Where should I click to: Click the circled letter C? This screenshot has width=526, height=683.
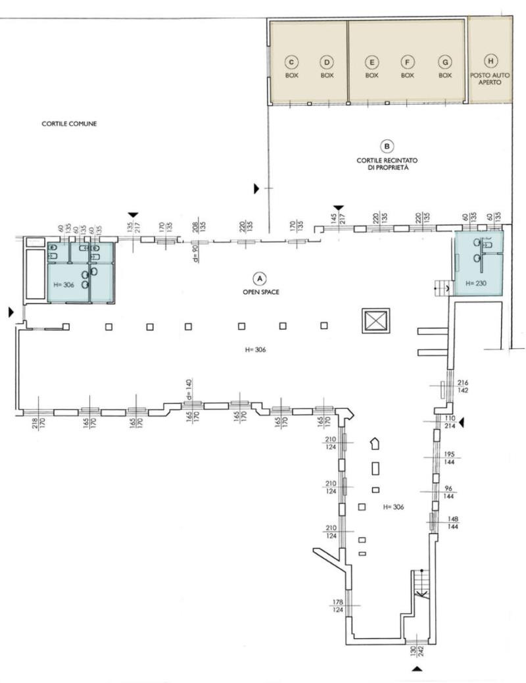tap(291, 62)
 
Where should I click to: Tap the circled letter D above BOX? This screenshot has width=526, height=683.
tap(327, 62)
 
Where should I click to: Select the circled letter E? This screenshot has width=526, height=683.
tap(371, 62)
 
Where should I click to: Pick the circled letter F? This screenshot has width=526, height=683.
tap(407, 62)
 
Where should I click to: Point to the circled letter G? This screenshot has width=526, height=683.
tap(445, 62)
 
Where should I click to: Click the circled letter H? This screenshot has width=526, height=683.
tap(490, 61)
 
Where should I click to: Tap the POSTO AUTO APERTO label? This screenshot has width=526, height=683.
tap(490, 78)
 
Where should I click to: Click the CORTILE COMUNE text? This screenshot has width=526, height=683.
tap(69, 124)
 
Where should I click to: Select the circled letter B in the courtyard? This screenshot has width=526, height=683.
tap(387, 146)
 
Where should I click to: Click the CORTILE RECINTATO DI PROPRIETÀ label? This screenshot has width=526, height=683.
tap(387, 164)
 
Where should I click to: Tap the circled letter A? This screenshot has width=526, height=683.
tap(260, 278)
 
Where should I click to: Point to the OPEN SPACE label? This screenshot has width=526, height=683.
tap(261, 292)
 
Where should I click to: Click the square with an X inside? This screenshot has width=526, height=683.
tap(376, 320)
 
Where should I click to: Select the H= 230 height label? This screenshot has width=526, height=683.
tap(476, 283)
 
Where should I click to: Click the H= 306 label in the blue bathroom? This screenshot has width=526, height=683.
tap(64, 285)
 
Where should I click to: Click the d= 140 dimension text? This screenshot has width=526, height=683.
tap(189, 390)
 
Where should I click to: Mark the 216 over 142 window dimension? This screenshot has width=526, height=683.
tap(462, 386)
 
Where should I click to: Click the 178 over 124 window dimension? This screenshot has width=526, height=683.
tap(337, 606)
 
